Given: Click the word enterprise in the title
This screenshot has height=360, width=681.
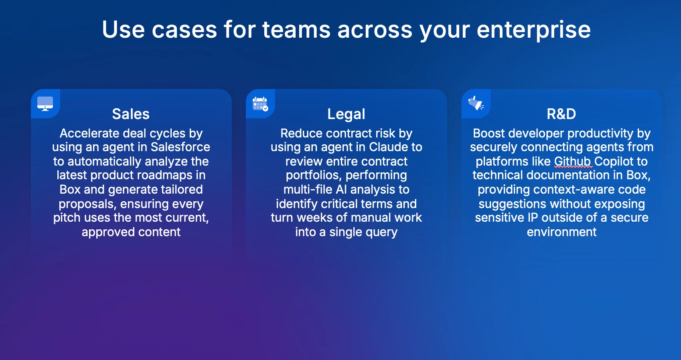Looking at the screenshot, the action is (x=533, y=30).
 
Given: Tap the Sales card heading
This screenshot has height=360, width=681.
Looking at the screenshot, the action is (x=131, y=114).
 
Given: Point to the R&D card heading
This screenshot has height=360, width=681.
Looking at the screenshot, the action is (x=561, y=114).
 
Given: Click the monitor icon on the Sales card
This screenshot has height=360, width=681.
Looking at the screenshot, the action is (x=45, y=103).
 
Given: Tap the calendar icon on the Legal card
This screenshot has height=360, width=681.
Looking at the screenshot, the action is (x=260, y=104).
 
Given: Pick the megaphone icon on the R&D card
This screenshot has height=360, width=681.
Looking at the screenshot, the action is (x=476, y=103).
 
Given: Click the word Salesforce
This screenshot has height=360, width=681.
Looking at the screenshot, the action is (x=180, y=147).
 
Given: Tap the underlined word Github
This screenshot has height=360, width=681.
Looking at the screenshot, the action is (x=572, y=161).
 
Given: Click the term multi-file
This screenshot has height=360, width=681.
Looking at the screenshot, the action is (x=308, y=190).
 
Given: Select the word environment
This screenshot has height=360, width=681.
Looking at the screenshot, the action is (x=561, y=232).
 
